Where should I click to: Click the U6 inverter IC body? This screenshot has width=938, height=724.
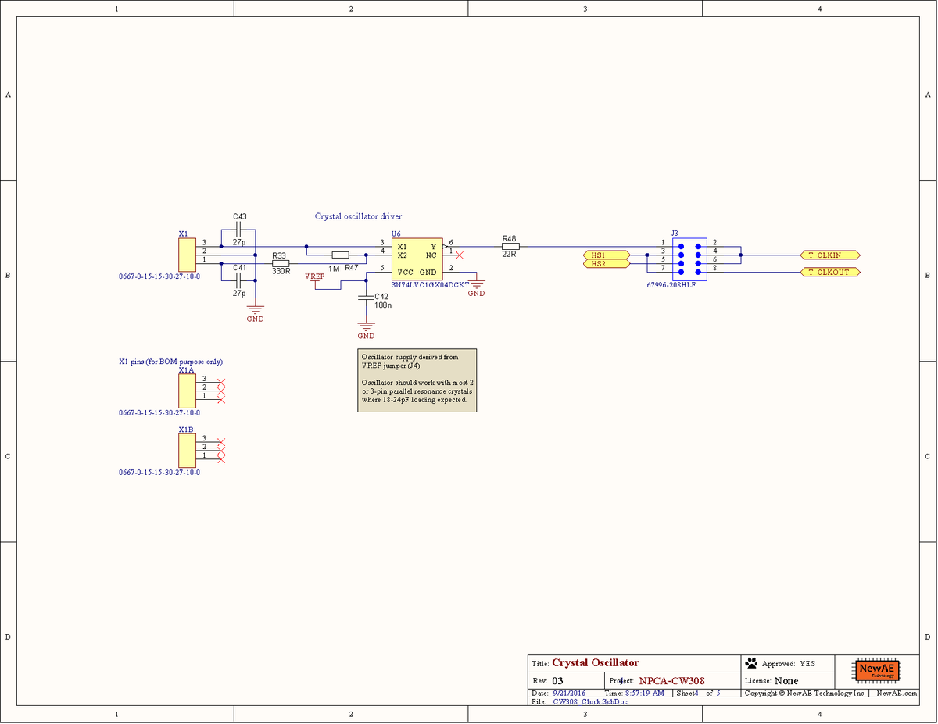coord(417,259)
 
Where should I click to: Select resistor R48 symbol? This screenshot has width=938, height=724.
coord(510,247)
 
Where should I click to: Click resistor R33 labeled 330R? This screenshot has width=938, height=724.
coord(281,263)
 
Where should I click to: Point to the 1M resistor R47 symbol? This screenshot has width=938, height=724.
coord(340,255)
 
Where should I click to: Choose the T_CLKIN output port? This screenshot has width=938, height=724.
coord(830,255)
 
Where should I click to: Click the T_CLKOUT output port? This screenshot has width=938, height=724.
coord(830,272)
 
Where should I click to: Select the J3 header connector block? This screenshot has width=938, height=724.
coord(689,259)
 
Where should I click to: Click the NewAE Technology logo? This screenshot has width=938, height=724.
coord(876,670)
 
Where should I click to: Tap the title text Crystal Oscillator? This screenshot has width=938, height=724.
coord(595,663)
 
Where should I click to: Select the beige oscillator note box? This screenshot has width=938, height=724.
coord(417,380)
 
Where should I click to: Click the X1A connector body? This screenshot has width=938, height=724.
coord(187,388)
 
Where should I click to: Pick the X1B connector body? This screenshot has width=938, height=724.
coord(187,448)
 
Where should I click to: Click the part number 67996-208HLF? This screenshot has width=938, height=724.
coord(671,286)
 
